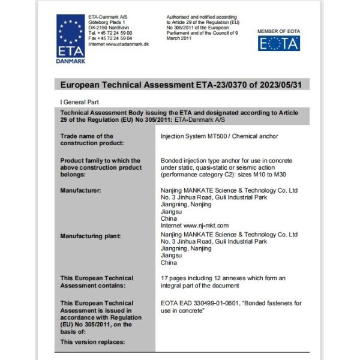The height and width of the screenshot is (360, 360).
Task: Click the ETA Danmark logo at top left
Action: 71,38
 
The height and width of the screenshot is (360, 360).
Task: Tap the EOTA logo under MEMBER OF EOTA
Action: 278,43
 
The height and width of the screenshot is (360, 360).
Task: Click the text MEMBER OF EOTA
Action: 278,31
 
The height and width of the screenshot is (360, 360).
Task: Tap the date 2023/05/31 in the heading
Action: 278,85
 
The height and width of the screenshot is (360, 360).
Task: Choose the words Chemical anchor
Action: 258,136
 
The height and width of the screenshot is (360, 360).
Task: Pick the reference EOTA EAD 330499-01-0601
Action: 205,302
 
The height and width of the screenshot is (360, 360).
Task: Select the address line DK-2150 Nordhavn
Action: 109,28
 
